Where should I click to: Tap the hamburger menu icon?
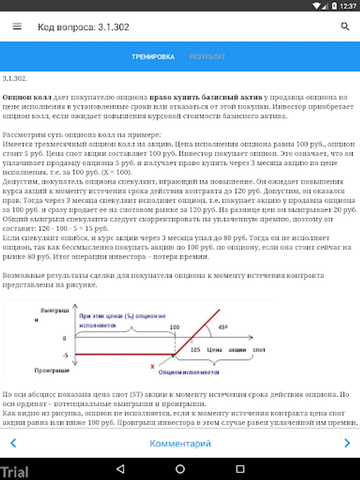coord(17,26)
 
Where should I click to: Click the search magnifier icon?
coord(345,26)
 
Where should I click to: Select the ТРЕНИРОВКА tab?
coord(153,57)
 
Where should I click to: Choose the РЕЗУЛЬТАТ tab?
coord(207,57)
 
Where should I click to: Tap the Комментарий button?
coord(180,443)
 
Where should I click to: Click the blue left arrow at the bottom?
coord(13,443)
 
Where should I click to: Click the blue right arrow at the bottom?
coord(347,443)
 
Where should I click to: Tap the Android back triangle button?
coord(120,469)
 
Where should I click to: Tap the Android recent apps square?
coord(239,469)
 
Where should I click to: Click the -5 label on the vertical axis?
coord(64,355)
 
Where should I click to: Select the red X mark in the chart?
coord(153,366)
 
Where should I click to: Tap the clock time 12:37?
coord(348,6)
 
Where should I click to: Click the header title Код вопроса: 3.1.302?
coord(83,27)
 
